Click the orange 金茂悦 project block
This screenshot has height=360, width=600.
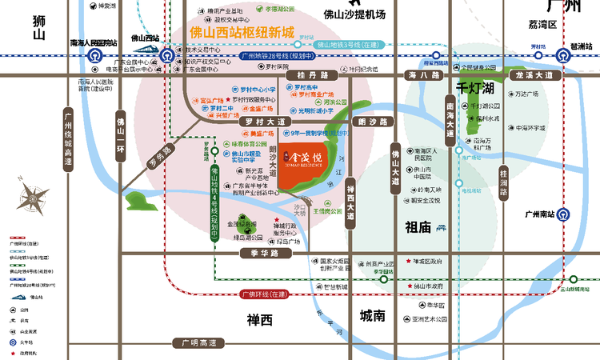[307, 173]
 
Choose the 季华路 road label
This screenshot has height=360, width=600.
[262, 252]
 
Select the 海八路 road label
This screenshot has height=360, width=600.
[423, 75]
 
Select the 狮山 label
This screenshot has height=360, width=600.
[36, 29]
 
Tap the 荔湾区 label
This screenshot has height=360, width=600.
[547, 26]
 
